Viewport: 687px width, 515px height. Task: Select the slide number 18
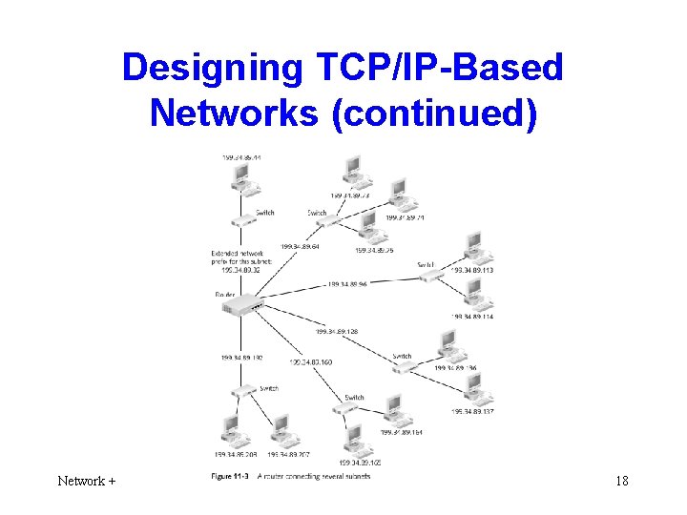(621, 481)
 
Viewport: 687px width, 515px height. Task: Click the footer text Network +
(86, 481)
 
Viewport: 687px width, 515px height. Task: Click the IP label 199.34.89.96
(349, 283)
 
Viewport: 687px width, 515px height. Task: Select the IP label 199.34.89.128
(336, 332)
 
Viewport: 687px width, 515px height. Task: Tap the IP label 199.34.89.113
(471, 270)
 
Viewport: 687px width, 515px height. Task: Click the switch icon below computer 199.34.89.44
(243, 221)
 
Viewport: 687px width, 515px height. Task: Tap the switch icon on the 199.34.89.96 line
(431, 275)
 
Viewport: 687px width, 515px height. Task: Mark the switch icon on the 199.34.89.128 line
(405, 366)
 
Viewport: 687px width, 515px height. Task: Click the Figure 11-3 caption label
(229, 476)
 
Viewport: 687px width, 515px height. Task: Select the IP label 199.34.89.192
(241, 358)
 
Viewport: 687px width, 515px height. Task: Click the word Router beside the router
(225, 294)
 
